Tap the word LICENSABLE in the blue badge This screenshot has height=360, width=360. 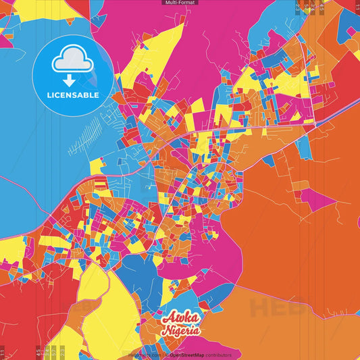72,95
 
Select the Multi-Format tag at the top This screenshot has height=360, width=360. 180,3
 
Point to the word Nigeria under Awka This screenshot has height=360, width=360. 181,330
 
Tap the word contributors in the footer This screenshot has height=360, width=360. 217,355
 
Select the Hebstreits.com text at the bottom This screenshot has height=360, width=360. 145,355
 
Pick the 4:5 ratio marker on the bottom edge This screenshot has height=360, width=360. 38,352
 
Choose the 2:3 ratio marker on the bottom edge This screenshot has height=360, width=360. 62,352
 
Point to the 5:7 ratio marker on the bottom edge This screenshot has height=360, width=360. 53,352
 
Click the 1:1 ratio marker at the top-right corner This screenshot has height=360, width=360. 357,7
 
